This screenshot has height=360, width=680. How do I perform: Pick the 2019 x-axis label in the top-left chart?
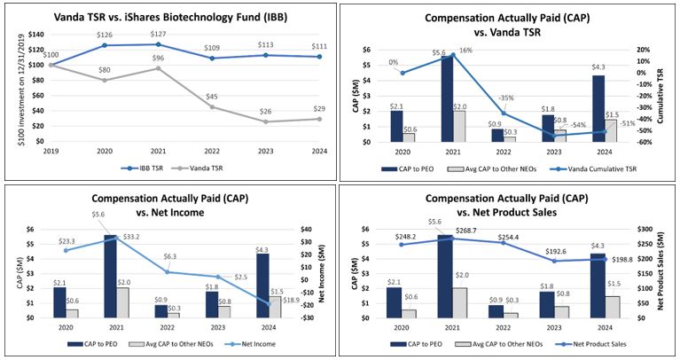[51, 150]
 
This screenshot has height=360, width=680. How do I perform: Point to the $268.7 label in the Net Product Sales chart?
[467, 231]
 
